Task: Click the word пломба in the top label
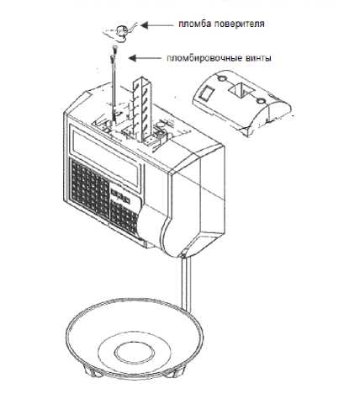195,24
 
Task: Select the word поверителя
239,24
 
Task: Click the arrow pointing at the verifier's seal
157,25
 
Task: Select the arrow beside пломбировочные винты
145,58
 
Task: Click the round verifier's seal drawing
122,30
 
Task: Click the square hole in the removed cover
241,89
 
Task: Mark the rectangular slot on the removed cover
205,93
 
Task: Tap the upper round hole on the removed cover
222,78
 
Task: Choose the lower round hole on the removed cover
262,100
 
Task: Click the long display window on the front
106,159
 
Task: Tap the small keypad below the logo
124,217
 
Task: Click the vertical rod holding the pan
187,284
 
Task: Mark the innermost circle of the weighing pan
132,352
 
